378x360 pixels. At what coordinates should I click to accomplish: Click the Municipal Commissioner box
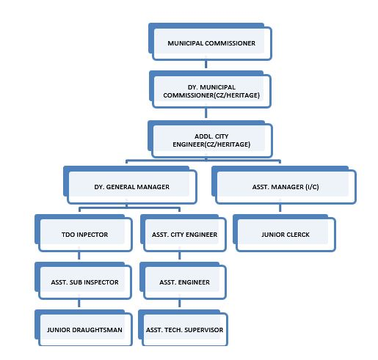[210, 42]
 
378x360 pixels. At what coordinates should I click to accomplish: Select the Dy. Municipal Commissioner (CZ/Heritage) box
[210, 89]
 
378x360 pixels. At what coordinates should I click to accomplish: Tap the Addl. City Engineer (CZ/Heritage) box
[210, 139]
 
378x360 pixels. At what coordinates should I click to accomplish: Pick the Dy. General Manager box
[130, 185]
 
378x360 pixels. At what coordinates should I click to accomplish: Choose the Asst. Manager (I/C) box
[284, 185]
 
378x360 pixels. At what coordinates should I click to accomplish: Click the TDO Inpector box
[84, 233]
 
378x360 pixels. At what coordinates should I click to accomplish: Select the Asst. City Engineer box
[183, 233]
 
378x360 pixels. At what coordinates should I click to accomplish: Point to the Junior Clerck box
[284, 233]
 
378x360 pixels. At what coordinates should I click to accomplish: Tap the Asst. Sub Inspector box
[84, 281]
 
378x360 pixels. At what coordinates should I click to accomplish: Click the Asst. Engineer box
[183, 281]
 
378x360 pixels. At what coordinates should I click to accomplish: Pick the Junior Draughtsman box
[84, 328]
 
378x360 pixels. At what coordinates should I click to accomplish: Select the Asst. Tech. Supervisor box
[183, 328]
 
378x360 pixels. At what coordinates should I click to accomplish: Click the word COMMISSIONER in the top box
[230, 43]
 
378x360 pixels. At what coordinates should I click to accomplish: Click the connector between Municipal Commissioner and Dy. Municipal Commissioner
[206, 65]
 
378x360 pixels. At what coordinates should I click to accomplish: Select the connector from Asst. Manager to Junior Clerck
[280, 208]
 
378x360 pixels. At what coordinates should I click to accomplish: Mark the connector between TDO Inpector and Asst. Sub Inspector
[79, 256]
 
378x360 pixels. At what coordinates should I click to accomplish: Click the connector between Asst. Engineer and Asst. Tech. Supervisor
[180, 304]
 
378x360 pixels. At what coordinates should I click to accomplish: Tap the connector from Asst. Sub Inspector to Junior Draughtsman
[79, 304]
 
